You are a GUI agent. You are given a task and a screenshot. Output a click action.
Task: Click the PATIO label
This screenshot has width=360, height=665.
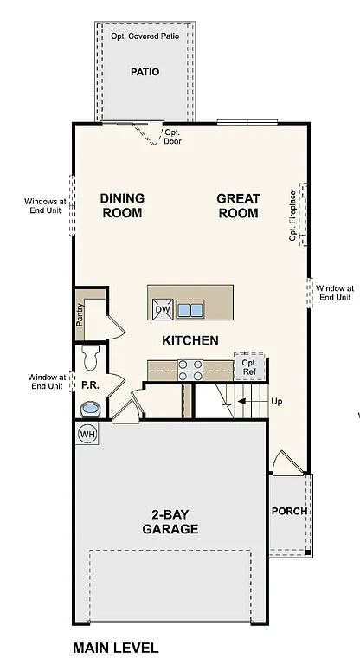(145, 72)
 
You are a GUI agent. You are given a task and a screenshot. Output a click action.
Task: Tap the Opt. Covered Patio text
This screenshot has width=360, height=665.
(145, 37)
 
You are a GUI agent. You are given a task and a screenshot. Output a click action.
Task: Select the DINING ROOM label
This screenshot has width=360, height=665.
(122, 205)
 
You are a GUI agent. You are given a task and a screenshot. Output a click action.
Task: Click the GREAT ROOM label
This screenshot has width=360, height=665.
(238, 205)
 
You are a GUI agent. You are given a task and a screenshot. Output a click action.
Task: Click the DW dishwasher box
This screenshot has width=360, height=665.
(163, 309)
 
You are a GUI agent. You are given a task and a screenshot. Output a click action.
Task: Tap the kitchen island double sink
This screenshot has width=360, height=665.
(190, 309)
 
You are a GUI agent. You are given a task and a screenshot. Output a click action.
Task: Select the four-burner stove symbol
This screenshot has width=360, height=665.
(190, 370)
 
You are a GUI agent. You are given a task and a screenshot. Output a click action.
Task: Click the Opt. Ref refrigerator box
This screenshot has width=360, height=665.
(249, 367)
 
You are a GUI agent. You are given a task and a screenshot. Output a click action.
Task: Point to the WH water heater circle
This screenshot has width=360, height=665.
(87, 433)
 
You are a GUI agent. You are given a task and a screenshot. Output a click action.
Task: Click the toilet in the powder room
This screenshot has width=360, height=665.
(91, 354)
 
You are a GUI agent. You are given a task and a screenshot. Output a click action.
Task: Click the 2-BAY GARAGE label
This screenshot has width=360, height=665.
(170, 521)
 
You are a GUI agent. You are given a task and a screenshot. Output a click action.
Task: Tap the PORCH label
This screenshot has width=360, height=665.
(289, 511)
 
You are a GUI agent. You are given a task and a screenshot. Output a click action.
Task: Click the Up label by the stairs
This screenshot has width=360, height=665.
(277, 401)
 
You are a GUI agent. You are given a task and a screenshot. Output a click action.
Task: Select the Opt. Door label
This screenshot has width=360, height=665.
(172, 137)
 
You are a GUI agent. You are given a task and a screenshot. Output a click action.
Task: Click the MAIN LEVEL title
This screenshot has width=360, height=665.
(115, 648)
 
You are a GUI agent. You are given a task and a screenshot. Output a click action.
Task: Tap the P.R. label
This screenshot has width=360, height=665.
(89, 383)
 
